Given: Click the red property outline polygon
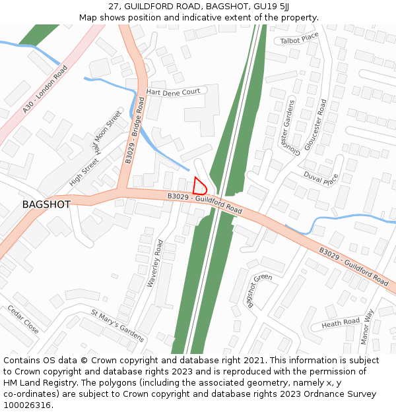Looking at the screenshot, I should [199, 186].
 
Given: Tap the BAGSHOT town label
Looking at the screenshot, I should [46, 204].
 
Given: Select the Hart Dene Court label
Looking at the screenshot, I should [173, 92].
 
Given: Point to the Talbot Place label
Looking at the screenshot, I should [299, 40].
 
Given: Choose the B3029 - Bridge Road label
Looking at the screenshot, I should [135, 130].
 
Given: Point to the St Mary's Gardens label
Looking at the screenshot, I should [117, 326].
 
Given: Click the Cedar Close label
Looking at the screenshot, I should [23, 319].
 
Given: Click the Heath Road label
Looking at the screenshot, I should [341, 323].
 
